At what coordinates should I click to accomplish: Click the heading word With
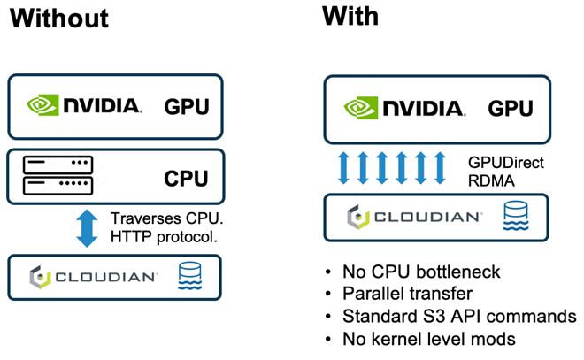[x=350, y=15]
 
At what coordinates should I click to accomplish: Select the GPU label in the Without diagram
[x=187, y=108]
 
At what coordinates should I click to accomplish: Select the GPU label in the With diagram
[x=511, y=109]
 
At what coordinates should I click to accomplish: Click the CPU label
[x=186, y=180]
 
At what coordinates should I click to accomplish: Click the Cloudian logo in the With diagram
[x=415, y=215]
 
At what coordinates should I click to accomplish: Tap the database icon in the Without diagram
[x=191, y=276]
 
